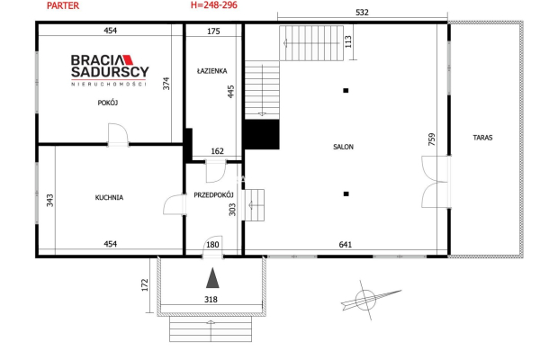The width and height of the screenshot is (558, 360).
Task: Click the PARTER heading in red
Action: point(63,5)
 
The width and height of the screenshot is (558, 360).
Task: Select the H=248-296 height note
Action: point(214,5)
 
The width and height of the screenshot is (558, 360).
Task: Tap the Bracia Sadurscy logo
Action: point(110,70)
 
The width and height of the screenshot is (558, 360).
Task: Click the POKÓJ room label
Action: point(108,103)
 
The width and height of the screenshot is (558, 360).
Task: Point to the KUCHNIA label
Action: point(109,197)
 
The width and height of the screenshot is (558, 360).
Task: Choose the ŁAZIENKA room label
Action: point(212,71)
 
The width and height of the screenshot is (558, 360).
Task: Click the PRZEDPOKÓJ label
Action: point(213,195)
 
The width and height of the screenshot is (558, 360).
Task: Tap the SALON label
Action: point(344,147)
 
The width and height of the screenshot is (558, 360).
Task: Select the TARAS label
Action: point(483,138)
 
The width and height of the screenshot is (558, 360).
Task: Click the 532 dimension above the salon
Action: point(363,13)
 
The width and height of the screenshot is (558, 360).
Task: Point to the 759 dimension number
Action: point(432,139)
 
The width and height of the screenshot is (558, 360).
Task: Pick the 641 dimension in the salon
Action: point(346,245)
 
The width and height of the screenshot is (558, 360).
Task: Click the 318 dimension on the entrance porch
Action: point(211,300)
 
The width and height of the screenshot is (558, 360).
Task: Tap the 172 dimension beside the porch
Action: point(145,285)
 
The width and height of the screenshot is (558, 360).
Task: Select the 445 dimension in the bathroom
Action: point(230,92)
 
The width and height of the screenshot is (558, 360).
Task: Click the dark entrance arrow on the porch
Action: point(212,278)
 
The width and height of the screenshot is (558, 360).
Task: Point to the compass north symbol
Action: point(365,300)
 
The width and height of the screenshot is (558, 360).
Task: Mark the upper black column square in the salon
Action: point(346,90)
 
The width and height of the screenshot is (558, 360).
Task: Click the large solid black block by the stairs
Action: point(262,134)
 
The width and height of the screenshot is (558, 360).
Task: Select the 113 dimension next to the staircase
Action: point(348,41)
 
